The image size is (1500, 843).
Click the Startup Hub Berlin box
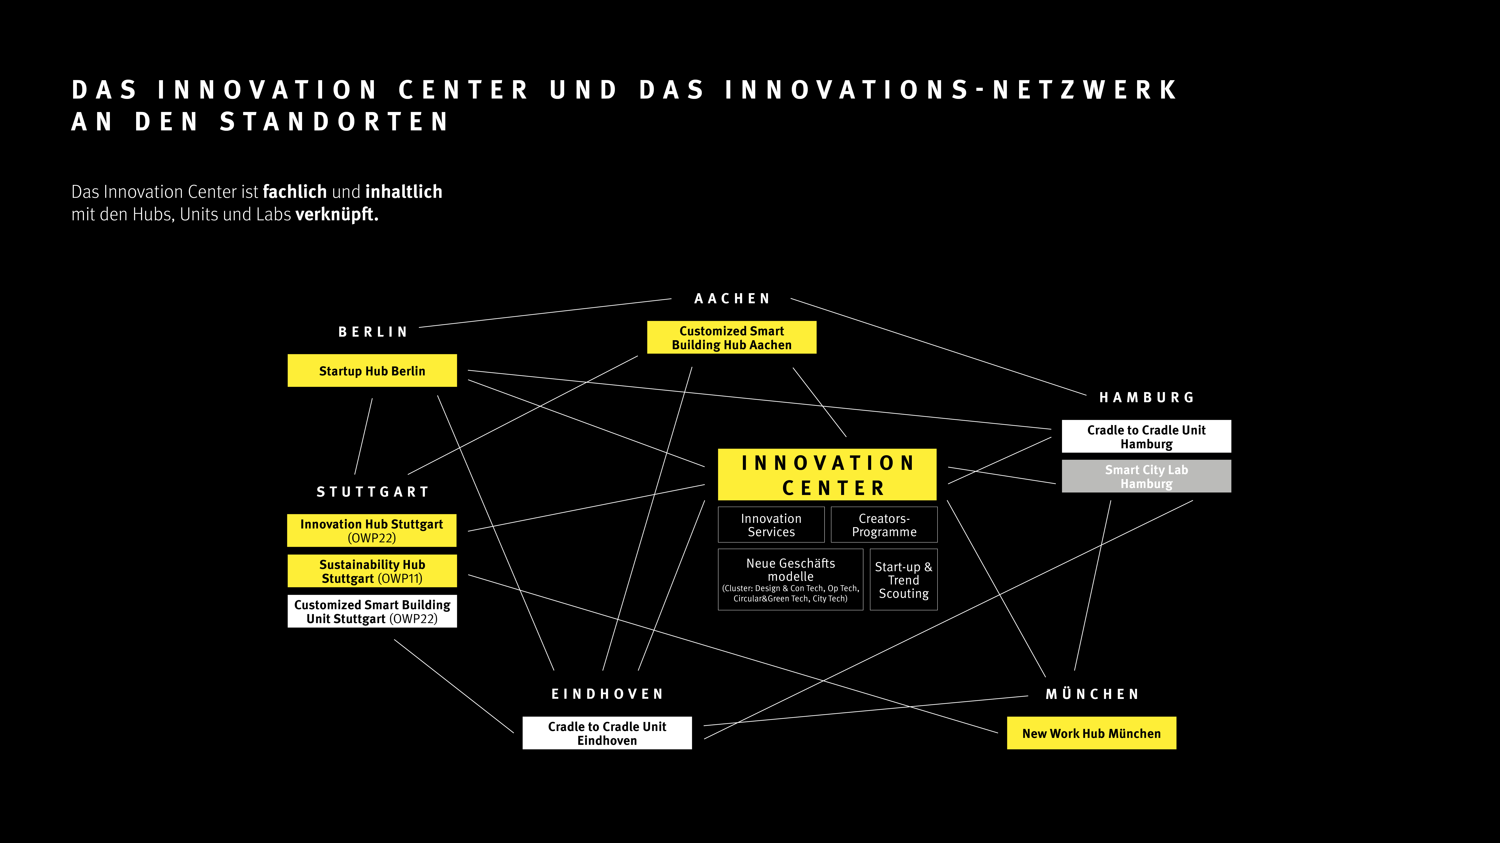[372, 371]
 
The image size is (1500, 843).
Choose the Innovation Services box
[771, 525]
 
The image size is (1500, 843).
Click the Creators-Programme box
[884, 525]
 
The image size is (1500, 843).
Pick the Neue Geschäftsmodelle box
[790, 579]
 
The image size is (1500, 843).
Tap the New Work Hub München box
[1091, 733]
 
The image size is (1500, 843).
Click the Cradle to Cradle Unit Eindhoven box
[607, 733]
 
